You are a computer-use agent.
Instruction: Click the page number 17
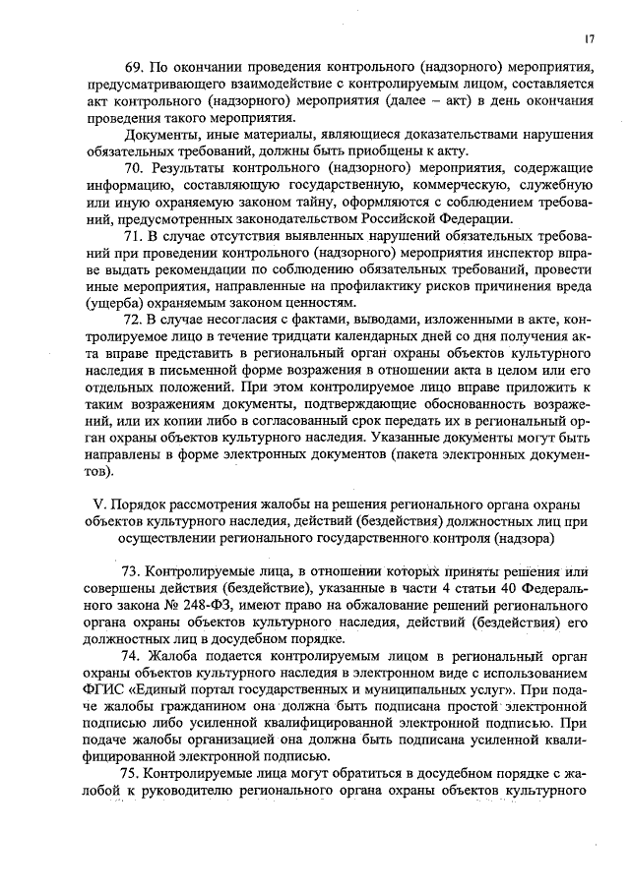click(x=588, y=38)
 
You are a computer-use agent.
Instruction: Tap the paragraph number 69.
click(x=132, y=67)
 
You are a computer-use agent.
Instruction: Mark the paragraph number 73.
click(x=132, y=571)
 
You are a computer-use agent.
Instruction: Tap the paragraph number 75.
click(x=132, y=772)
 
